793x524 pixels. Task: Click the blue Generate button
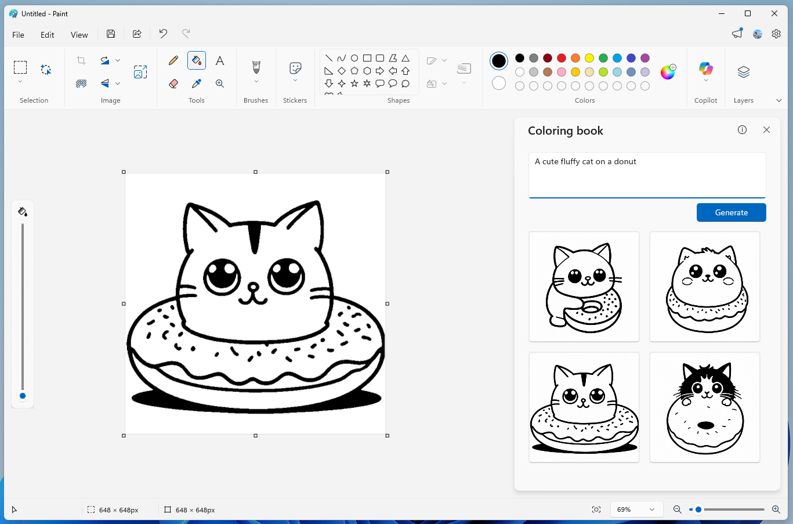731,212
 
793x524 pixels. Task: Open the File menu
19,35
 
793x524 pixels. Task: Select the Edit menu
48,35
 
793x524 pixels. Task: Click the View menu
79,35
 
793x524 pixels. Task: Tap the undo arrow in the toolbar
163,34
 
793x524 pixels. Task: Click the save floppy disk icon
111,34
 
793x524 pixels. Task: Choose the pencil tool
173,60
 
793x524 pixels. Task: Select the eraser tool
173,84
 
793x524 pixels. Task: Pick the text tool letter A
220,60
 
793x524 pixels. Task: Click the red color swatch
562,58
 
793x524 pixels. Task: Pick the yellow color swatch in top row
589,58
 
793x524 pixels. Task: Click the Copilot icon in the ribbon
705,69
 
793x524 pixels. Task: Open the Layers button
743,72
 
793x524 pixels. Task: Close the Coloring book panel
766,130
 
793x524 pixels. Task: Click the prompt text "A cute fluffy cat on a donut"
585,162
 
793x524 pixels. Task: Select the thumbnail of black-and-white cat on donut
705,407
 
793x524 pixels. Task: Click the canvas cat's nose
253,286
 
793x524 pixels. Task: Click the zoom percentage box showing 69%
636,509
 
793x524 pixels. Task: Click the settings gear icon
776,34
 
